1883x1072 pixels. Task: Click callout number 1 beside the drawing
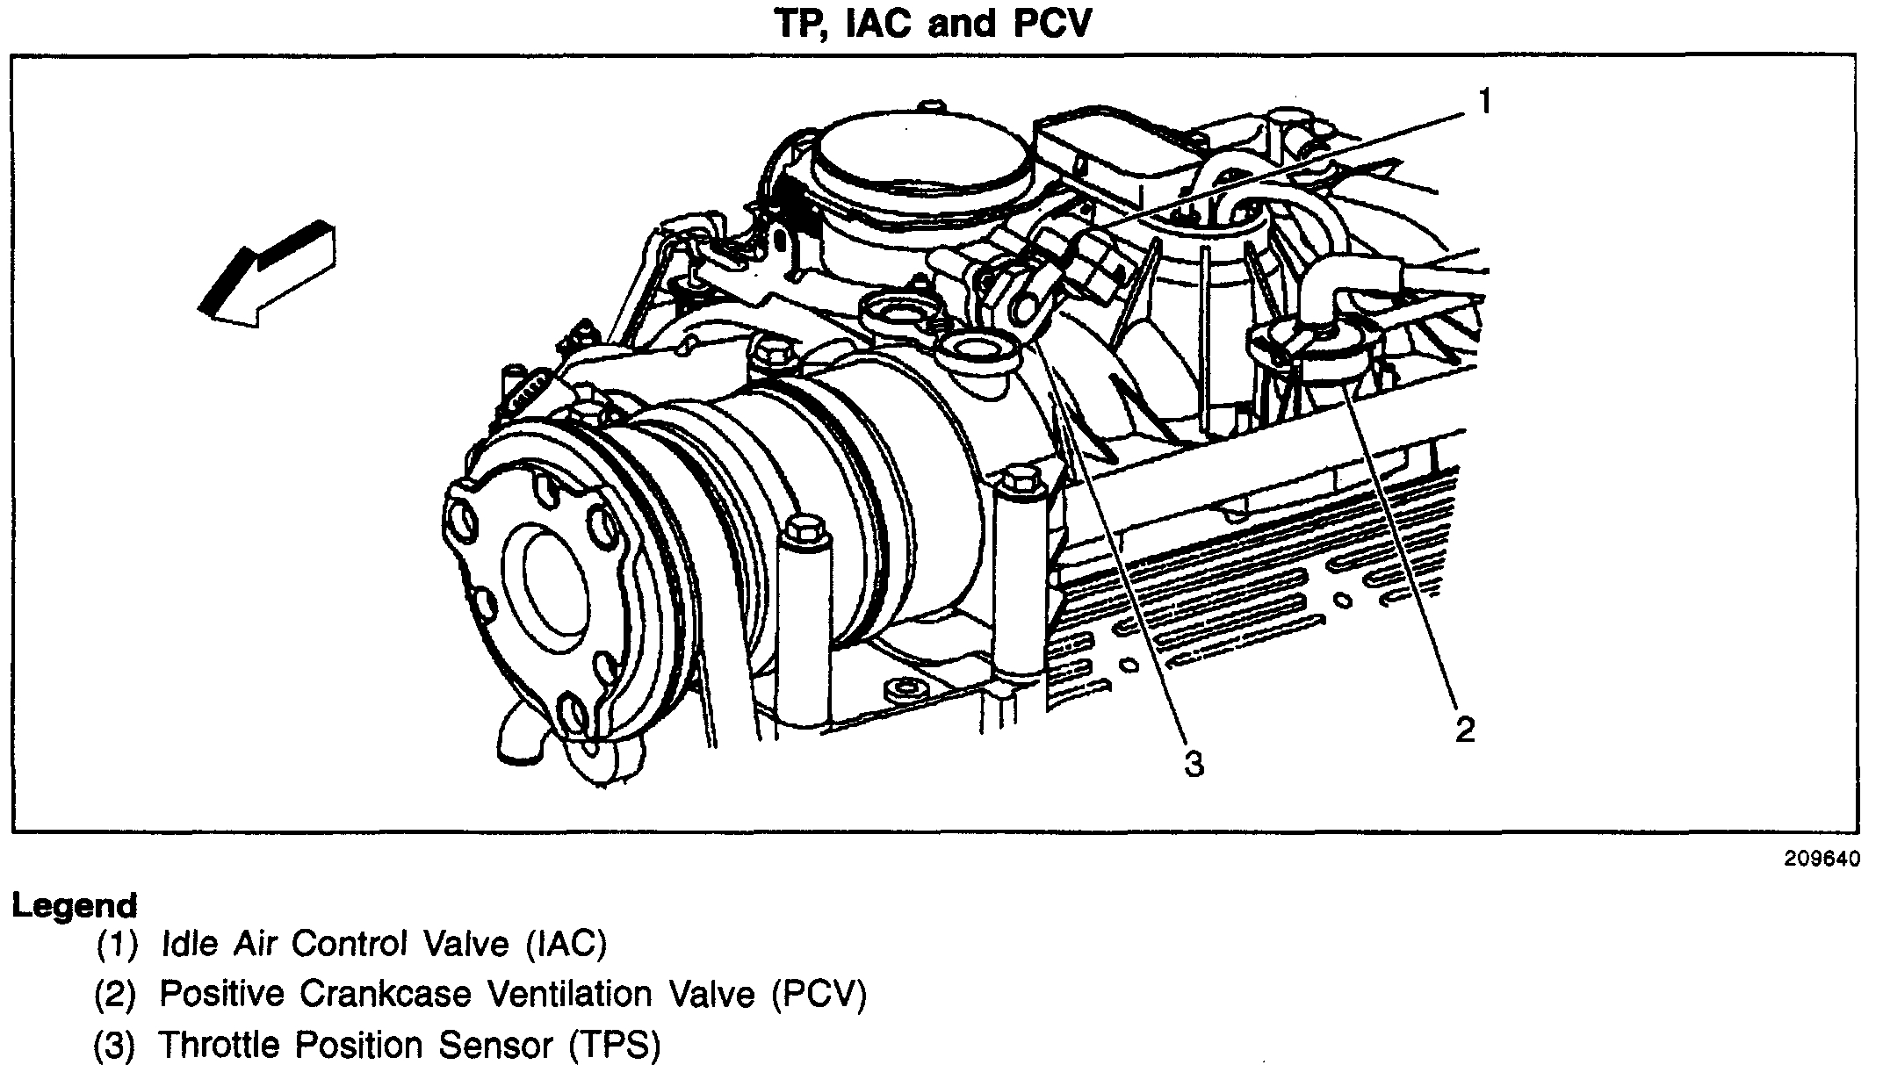1484,103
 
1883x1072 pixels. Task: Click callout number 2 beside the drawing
1464,729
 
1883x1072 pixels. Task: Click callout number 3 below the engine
1194,764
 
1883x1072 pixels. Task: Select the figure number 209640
1820,859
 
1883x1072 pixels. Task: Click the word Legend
75,905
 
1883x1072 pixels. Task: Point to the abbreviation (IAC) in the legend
566,944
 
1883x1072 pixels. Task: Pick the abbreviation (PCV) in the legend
819,994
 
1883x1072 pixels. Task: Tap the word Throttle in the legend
220,1045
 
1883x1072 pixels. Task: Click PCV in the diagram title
1052,24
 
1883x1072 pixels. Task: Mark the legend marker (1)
118,944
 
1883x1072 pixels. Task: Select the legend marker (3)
115,1045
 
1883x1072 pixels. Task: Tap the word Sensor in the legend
496,1045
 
